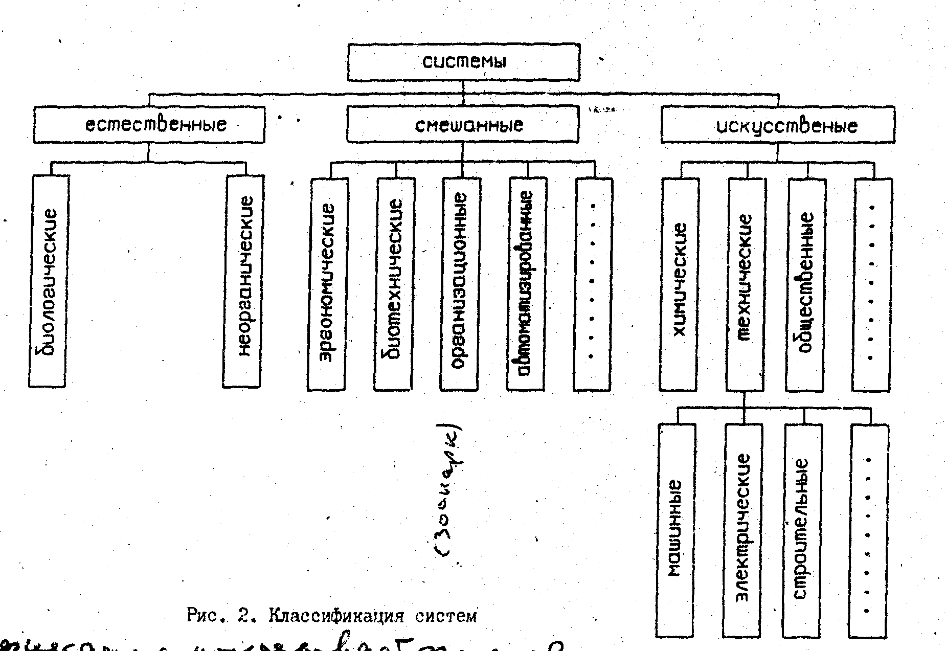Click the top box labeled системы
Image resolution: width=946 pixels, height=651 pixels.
click(463, 62)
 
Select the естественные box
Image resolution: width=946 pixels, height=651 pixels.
click(149, 124)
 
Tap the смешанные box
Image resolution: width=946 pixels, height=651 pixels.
click(463, 124)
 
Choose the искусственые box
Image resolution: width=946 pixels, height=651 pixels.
click(778, 125)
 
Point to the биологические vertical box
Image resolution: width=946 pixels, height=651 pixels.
click(48, 281)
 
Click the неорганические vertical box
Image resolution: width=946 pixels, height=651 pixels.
click(243, 281)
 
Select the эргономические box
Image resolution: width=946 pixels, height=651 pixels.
click(327, 284)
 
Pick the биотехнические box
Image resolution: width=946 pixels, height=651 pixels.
click(393, 284)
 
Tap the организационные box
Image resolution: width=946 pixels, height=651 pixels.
click(459, 284)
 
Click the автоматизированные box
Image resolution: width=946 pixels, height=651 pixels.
click(526, 284)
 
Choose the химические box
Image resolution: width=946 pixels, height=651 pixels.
click(679, 284)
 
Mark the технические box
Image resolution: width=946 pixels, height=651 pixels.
click(745, 284)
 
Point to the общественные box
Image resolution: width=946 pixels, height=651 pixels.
click(805, 284)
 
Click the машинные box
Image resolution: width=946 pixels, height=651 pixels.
click(676, 529)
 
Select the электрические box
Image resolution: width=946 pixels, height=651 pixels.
click(742, 529)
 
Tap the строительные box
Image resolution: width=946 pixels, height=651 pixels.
click(802, 529)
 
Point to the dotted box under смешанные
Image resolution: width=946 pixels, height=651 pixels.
click(593, 284)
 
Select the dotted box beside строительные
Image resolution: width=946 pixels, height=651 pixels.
click(868, 529)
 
